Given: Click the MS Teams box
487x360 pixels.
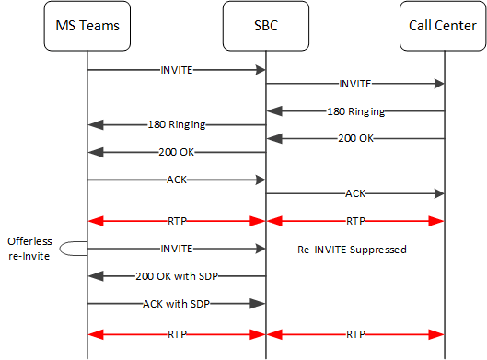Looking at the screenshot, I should coord(87,25).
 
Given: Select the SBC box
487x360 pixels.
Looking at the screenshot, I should coord(266,25).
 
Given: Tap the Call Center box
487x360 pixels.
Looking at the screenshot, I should coord(445,25).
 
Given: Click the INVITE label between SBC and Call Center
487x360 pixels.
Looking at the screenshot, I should coord(355,84).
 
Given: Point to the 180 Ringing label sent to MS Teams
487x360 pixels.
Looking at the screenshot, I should coord(176,124).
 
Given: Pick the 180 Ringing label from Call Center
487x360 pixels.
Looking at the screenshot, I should coord(355,111).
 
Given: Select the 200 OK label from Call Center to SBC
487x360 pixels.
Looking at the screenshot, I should coord(355,138).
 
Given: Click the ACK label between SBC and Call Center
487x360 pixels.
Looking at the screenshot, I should coord(355,194).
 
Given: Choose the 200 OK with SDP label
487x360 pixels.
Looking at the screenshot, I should coord(176,275).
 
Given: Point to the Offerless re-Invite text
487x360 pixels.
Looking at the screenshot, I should coord(29,246).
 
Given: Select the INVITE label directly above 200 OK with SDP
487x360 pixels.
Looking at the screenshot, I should coord(176,248).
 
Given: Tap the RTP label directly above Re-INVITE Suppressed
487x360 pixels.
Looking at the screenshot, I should coord(355,221).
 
